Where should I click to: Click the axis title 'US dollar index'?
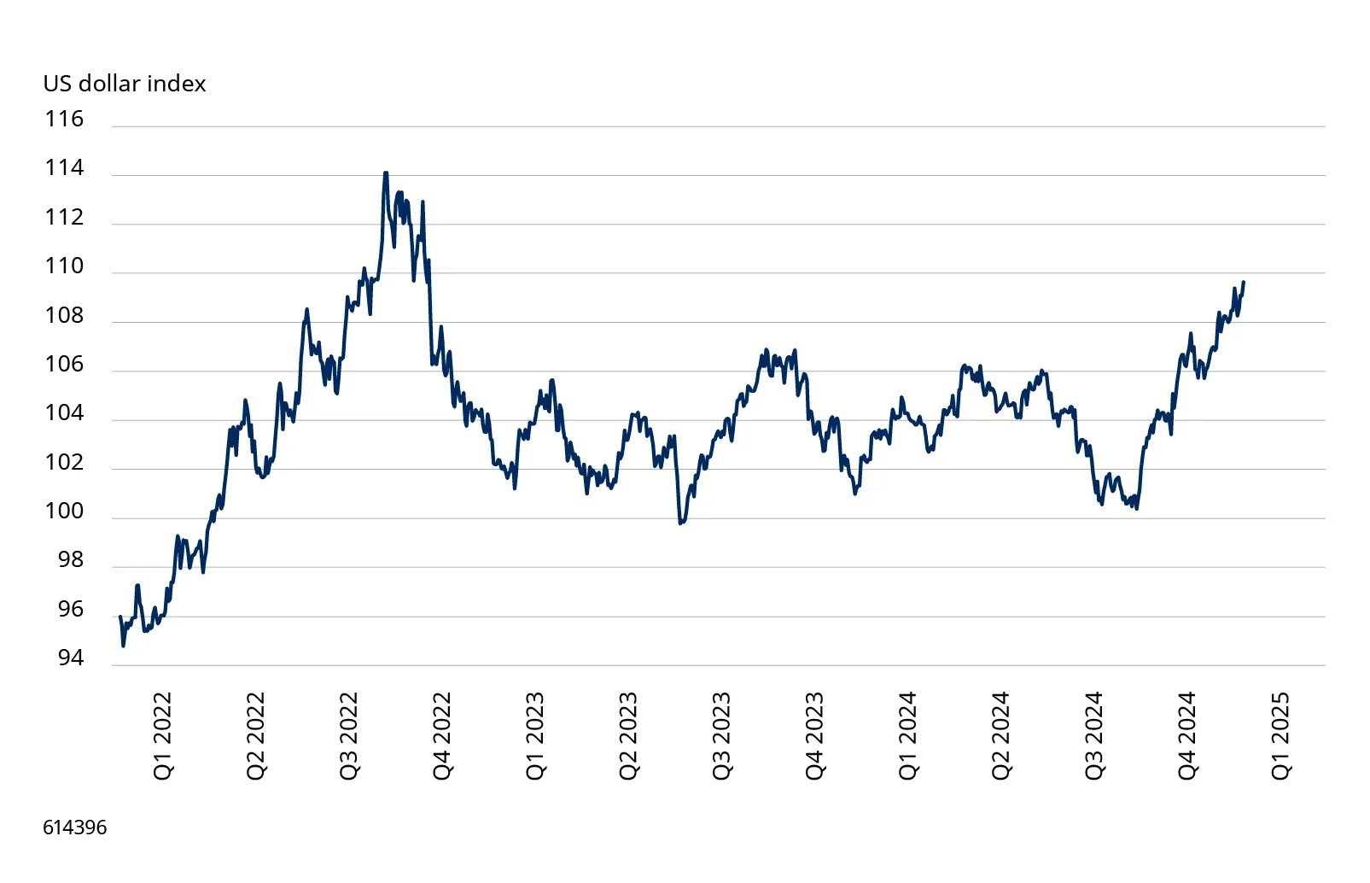pos(125,84)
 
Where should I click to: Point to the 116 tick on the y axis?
pos(64,119)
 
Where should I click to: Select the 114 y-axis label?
pos(64,167)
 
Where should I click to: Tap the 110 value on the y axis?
pos(64,266)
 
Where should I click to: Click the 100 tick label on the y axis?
pos(64,512)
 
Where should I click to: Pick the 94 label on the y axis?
pos(71,658)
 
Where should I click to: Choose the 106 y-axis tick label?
pos(64,365)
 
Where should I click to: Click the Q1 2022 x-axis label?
pos(162,735)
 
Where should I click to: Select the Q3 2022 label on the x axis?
pos(348,735)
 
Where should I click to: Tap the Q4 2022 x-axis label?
pos(441,735)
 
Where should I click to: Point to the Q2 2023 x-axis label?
pos(628,735)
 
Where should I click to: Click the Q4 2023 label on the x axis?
pos(814,735)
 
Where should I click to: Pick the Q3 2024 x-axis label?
pos(1093,735)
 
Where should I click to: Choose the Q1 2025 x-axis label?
pos(1280,735)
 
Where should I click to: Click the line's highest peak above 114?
pos(386,173)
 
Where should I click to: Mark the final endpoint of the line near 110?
pos(1244,282)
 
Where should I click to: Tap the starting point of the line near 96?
pos(120,617)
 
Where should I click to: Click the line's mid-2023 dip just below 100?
pos(680,523)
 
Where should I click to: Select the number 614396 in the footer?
pos(75,827)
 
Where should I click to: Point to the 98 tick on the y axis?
pos(71,560)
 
